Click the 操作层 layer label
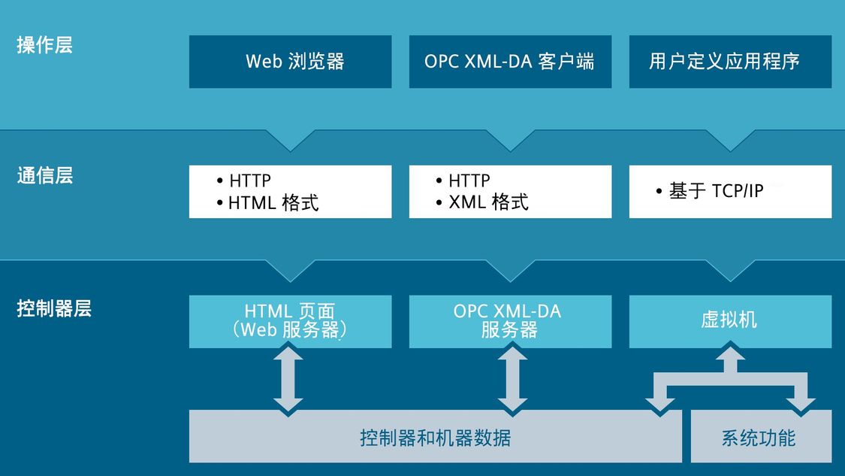coord(45,45)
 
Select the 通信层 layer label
coord(45,175)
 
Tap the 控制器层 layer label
coord(54,308)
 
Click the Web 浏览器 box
coord(291,62)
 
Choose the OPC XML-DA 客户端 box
coord(510,62)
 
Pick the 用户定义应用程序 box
coord(730,62)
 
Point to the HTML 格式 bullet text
coord(273,203)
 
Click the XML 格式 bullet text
coord(488,202)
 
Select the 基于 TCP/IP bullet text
coord(717,190)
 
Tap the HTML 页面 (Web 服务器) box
coord(291,321)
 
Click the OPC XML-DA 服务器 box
coord(510,321)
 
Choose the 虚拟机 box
coord(730,321)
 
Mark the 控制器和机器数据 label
coord(436,438)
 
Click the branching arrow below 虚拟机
coord(730,377)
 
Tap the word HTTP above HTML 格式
coord(250,180)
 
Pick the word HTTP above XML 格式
coord(469,180)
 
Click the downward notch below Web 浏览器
coord(291,141)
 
